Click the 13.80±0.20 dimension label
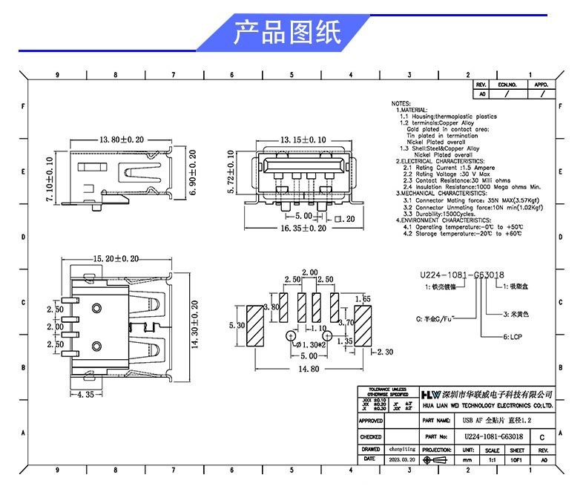122,140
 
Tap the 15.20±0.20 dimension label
116,258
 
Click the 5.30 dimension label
238,326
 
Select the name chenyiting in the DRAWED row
403,449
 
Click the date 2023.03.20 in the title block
403,460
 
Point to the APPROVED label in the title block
371,421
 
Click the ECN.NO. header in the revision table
507,85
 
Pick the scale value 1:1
491,460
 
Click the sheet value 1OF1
517,460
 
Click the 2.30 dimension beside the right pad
385,352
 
